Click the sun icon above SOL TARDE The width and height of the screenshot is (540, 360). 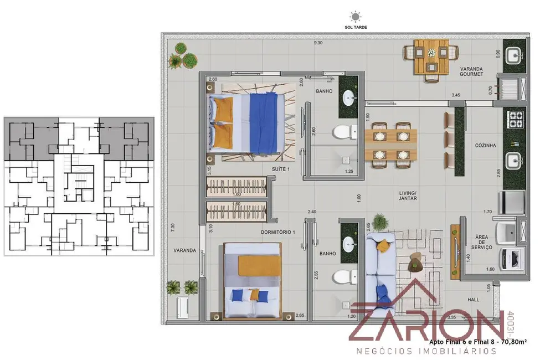[x=354, y=17]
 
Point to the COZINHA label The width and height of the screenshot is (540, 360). [x=485, y=145]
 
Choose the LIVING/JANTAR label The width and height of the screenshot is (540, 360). [x=408, y=196]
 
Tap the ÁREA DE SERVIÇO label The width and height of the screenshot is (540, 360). [x=480, y=242]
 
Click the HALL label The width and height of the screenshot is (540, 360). [x=474, y=300]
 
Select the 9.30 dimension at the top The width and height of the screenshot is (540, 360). [x=318, y=43]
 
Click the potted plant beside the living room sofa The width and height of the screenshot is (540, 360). [x=380, y=222]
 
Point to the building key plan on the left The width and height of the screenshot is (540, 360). [x=79, y=186]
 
